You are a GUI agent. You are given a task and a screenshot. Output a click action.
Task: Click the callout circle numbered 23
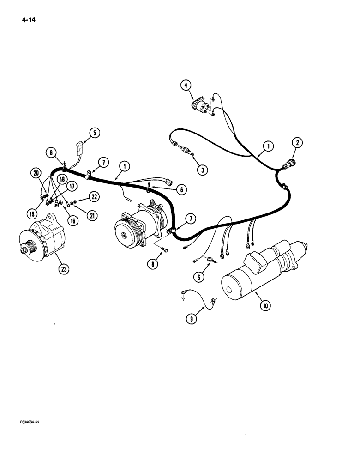click(62, 268)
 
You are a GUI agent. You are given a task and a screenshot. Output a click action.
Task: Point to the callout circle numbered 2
click(298, 144)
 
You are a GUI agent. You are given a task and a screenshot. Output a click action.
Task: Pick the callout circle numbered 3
click(202, 170)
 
